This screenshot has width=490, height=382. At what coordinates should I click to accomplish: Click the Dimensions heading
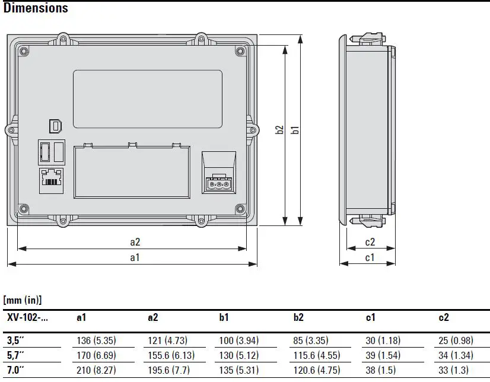point(36,8)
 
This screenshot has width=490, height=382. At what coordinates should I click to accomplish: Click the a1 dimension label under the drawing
point(135,257)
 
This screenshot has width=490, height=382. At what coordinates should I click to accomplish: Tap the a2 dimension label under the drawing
point(135,242)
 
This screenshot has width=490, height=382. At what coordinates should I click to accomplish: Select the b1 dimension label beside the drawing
point(295,130)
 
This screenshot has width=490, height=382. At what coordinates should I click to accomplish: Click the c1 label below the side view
point(370,257)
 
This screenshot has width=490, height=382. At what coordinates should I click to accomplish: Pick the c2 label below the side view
point(370,242)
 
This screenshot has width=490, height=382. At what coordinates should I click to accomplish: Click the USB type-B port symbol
point(55,125)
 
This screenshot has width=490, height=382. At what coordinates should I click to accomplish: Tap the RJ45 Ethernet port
point(52,179)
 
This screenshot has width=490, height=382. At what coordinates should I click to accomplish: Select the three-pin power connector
point(219,184)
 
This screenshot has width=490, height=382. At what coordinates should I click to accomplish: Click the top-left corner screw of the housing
point(24,52)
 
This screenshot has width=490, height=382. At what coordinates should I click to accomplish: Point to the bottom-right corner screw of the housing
point(240,208)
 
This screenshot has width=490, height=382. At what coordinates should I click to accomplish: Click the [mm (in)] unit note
point(23,301)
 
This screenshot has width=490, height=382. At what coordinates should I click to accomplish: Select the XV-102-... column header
point(27,317)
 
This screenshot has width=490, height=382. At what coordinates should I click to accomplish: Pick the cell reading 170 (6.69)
point(98,355)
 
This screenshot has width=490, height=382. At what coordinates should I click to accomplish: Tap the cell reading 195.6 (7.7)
point(169,370)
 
